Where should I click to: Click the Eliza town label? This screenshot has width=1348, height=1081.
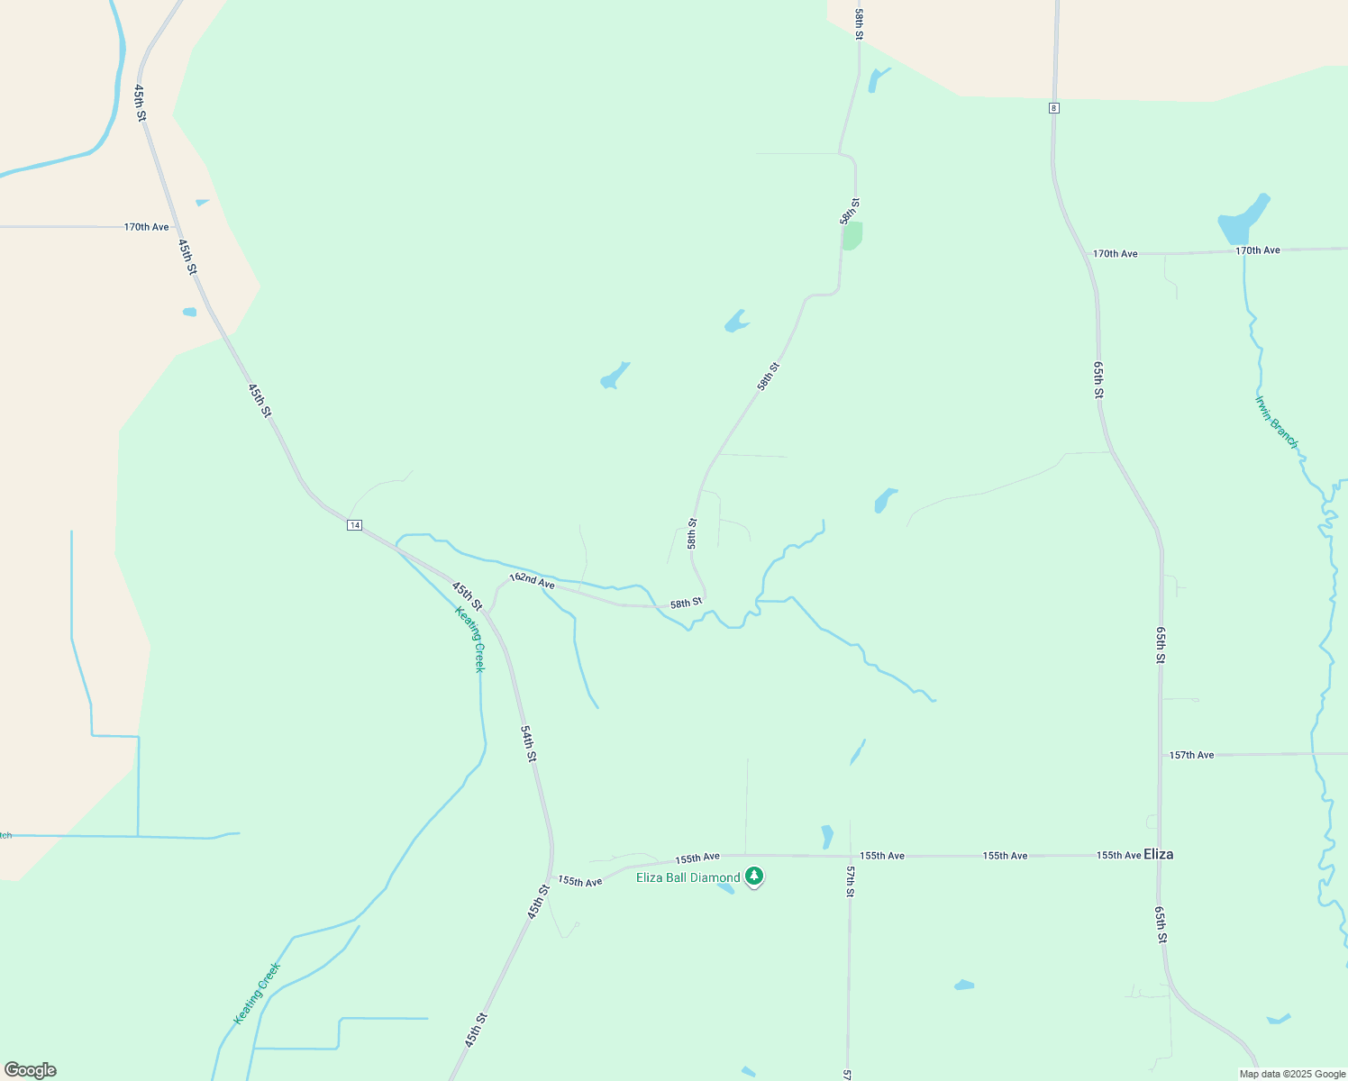click(x=1158, y=854)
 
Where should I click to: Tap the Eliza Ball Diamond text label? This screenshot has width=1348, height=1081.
click(x=688, y=877)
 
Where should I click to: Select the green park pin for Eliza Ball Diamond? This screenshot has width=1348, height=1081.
click(x=754, y=876)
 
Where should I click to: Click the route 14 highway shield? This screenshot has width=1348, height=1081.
click(x=355, y=525)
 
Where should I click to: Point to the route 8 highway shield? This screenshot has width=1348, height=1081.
click(x=1053, y=108)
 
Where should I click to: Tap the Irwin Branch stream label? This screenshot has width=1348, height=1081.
click(x=1277, y=422)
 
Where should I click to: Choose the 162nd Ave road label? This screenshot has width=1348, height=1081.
click(x=532, y=581)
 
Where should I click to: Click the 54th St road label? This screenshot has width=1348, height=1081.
click(x=529, y=743)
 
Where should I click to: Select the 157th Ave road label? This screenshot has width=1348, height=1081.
click(x=1191, y=755)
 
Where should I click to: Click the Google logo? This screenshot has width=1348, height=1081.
click(x=30, y=1070)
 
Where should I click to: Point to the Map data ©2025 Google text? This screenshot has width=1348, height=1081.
click(x=1292, y=1074)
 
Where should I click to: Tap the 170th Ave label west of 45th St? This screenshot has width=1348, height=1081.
click(x=146, y=227)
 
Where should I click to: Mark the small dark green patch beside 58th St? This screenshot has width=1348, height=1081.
click(x=852, y=235)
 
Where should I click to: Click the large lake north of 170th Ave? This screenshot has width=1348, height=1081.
click(x=1243, y=219)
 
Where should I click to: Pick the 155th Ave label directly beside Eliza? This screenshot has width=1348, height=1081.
click(x=1118, y=855)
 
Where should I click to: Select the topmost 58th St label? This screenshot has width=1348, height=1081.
click(x=860, y=24)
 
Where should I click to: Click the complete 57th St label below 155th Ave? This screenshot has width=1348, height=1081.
click(x=850, y=881)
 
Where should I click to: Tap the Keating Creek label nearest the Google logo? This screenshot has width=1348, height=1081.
click(x=258, y=993)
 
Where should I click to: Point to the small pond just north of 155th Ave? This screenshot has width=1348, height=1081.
click(x=827, y=837)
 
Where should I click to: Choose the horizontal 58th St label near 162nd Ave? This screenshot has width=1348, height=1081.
click(x=686, y=603)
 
